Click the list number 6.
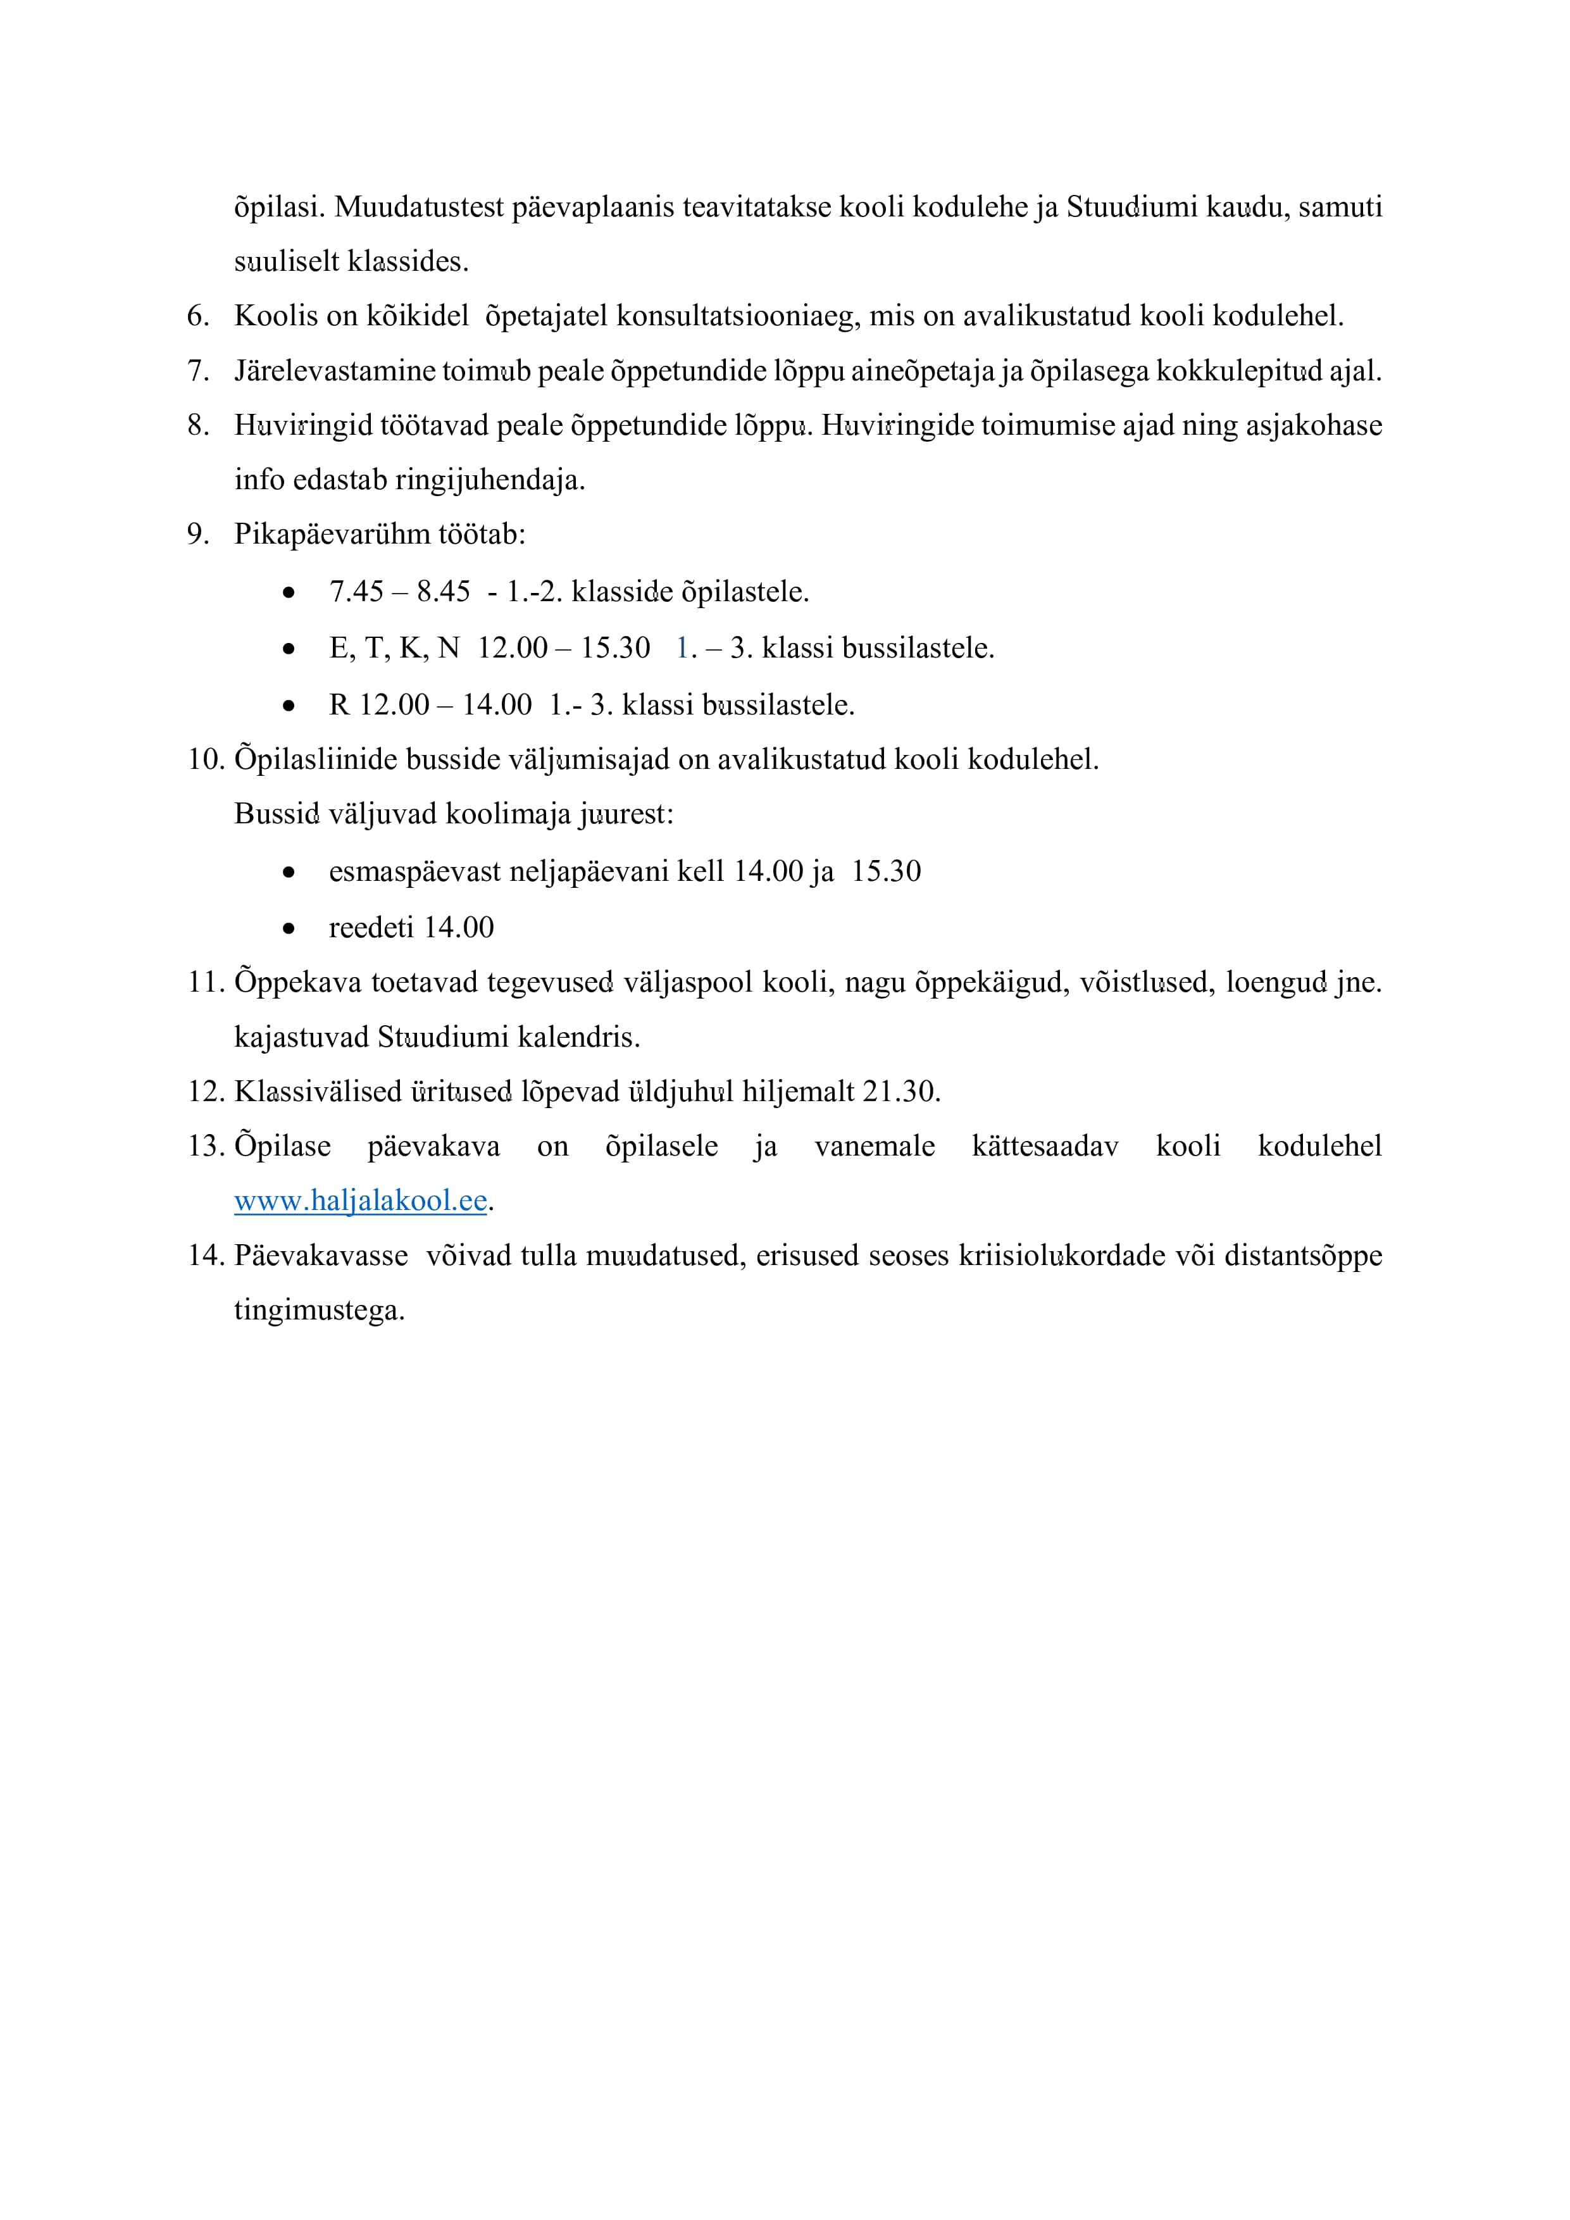[198, 316]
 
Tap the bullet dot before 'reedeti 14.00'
[288, 928]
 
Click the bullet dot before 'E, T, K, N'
[288, 649]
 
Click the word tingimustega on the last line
[319, 1311]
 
